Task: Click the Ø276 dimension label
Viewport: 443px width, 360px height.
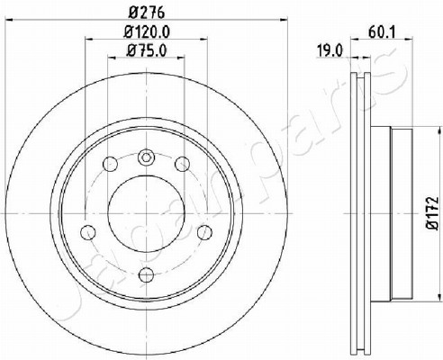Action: (x=147, y=13)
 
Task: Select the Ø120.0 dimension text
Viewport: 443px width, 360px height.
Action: (x=147, y=31)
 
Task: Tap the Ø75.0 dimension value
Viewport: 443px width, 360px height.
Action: (x=146, y=50)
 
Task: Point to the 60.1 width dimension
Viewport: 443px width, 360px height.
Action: (x=382, y=32)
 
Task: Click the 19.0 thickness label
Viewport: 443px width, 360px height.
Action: (x=330, y=51)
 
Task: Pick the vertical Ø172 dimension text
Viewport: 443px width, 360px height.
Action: (x=432, y=213)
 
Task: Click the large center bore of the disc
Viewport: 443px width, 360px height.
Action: (x=146, y=213)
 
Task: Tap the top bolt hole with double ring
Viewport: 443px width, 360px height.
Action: (x=146, y=157)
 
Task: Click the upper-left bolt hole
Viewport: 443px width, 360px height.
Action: (x=110, y=164)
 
